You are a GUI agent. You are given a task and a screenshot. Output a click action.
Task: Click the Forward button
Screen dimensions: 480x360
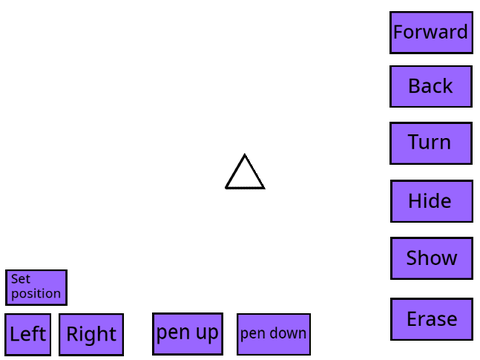tap(431, 33)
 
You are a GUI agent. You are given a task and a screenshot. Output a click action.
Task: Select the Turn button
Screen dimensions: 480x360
tap(431, 143)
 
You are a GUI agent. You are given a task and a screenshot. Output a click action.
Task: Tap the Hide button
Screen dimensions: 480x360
tap(432, 201)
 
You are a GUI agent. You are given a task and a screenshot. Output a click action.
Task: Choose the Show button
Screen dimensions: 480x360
tap(432, 258)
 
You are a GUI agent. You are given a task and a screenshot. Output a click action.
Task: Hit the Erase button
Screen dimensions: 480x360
tap(432, 319)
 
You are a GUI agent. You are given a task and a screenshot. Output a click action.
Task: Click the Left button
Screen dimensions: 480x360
tap(28, 334)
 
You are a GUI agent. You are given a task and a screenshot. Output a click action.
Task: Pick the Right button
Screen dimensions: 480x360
tap(91, 334)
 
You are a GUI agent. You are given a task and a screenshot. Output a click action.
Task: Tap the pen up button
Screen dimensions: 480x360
tap(188, 334)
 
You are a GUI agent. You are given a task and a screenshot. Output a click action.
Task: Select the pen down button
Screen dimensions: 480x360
tap(274, 334)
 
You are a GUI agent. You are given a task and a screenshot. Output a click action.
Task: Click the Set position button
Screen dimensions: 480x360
tap(36, 288)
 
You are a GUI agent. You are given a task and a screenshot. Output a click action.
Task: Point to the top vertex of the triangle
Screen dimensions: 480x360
tap(245, 155)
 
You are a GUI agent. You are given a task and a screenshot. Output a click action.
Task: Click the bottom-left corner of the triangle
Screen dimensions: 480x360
tap(226, 188)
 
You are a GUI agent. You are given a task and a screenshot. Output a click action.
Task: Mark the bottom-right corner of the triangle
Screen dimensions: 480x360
tap(264, 188)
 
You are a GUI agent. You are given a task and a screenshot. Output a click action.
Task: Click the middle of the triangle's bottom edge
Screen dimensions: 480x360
tap(245, 188)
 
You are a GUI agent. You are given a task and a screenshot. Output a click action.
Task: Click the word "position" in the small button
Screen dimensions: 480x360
tap(36, 294)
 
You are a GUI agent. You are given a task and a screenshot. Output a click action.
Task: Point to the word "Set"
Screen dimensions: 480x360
tap(21, 279)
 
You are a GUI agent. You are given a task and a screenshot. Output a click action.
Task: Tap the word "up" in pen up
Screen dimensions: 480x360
tap(207, 334)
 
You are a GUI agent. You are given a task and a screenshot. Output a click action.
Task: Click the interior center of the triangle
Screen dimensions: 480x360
tap(245, 177)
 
